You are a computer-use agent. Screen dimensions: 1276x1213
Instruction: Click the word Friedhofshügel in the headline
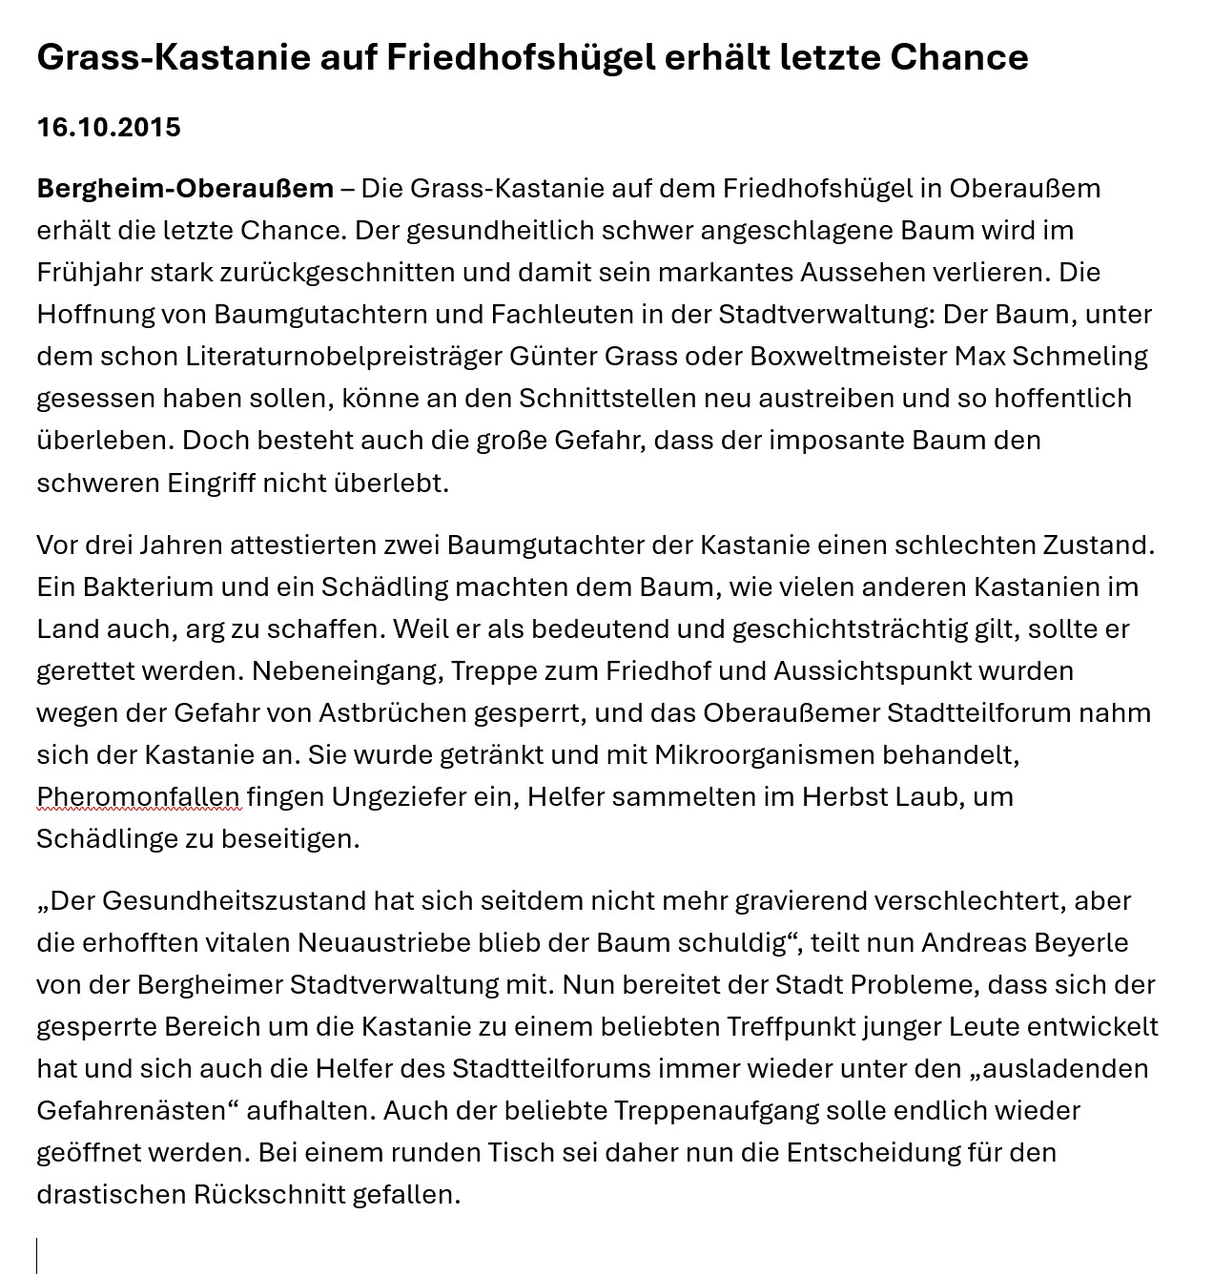coord(521,57)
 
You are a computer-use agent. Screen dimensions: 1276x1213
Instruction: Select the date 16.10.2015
coord(109,127)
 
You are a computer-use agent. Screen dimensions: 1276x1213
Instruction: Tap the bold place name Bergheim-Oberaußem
coord(185,188)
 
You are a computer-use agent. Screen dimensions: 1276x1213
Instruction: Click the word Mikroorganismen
coord(763,754)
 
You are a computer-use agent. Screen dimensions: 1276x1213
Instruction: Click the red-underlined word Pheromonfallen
coord(138,796)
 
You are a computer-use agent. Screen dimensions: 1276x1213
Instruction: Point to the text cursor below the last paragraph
coord(37,1254)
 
